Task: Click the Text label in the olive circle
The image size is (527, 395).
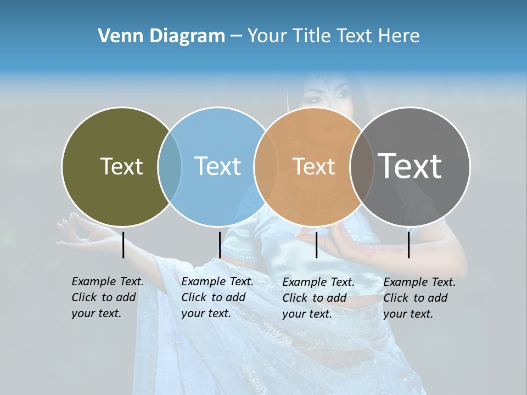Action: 121,166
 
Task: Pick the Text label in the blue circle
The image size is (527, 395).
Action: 218,166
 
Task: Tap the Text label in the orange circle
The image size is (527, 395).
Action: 314,166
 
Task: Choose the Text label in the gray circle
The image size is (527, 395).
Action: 410,166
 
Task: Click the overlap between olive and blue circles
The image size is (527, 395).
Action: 170,166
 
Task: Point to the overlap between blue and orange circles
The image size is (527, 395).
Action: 266,166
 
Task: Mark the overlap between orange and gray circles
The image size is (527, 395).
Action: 362,166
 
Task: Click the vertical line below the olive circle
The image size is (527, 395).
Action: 124,245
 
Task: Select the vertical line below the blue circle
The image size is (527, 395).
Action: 220,245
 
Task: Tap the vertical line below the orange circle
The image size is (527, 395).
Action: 317,245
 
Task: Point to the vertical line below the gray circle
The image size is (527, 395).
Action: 409,245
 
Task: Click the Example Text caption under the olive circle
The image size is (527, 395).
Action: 107,297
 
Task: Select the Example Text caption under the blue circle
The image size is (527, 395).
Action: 217,297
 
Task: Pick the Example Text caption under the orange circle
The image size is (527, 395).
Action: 318,297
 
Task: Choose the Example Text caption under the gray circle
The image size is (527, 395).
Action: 419,297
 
